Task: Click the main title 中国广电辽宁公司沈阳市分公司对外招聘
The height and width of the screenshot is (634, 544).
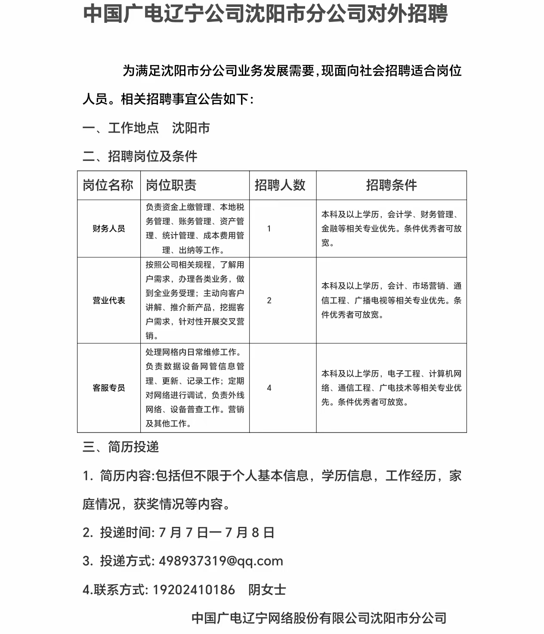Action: (265, 14)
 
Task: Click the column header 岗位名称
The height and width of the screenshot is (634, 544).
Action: (108, 185)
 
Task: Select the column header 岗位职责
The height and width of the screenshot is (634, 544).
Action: (171, 185)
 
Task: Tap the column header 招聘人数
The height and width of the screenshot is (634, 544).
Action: (280, 185)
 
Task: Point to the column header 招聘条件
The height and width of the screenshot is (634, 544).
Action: (391, 185)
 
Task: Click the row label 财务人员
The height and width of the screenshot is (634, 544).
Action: (108, 229)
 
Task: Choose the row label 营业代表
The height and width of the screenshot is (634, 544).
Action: (108, 300)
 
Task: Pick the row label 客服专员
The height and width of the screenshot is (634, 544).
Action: (108, 388)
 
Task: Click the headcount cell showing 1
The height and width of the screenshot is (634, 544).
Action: (269, 229)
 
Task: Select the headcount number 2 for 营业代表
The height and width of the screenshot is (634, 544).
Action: (269, 300)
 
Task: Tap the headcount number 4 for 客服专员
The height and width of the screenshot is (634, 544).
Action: (269, 388)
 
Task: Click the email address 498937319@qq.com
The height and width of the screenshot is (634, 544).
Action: (221, 561)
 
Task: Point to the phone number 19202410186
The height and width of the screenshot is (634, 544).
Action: (194, 590)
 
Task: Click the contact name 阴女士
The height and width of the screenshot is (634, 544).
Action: (267, 590)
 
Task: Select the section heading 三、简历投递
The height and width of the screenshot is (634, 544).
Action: (121, 447)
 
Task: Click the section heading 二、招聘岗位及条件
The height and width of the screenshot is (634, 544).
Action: (140, 156)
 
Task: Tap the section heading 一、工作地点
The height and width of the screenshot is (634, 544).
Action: (121, 128)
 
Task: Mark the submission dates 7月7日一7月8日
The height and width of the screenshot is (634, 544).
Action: (216, 532)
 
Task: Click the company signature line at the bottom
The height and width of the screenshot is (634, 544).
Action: (318, 618)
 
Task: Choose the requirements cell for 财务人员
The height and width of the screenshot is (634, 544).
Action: (391, 229)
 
